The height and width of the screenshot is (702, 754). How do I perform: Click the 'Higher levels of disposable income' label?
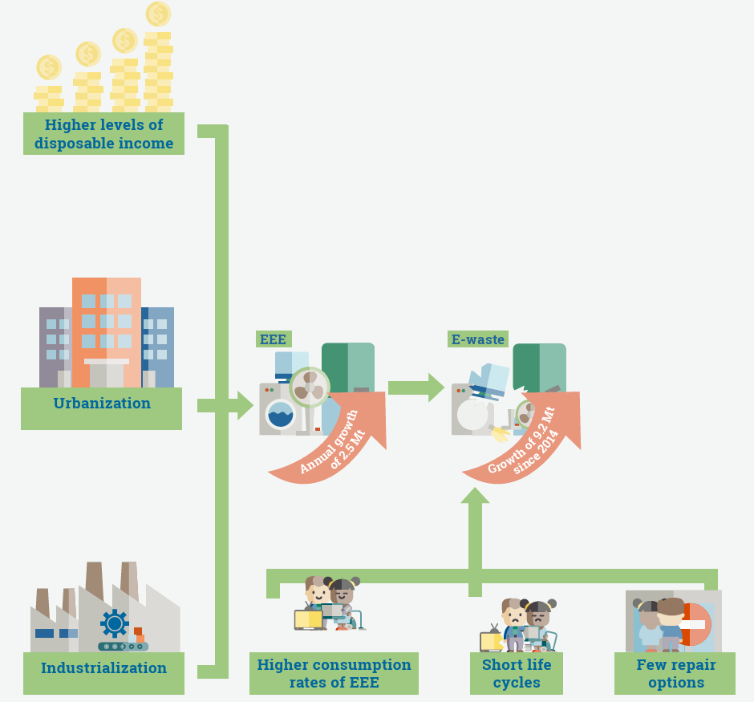tap(103, 134)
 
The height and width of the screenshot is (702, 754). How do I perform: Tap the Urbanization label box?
tap(102, 404)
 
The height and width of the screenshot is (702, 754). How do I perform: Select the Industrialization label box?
tap(103, 668)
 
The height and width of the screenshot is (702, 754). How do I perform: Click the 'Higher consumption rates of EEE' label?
tap(334, 674)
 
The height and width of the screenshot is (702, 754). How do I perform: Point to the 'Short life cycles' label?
tap(516, 674)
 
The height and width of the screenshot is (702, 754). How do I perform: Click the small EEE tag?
tap(273, 339)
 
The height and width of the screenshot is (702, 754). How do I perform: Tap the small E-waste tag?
tap(478, 339)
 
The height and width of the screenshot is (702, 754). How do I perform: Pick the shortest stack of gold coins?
tap(49, 88)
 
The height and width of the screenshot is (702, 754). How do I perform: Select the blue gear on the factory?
tap(115, 623)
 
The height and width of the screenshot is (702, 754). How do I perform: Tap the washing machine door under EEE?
tap(280, 415)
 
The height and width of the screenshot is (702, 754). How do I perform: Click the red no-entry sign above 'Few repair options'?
tap(693, 624)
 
